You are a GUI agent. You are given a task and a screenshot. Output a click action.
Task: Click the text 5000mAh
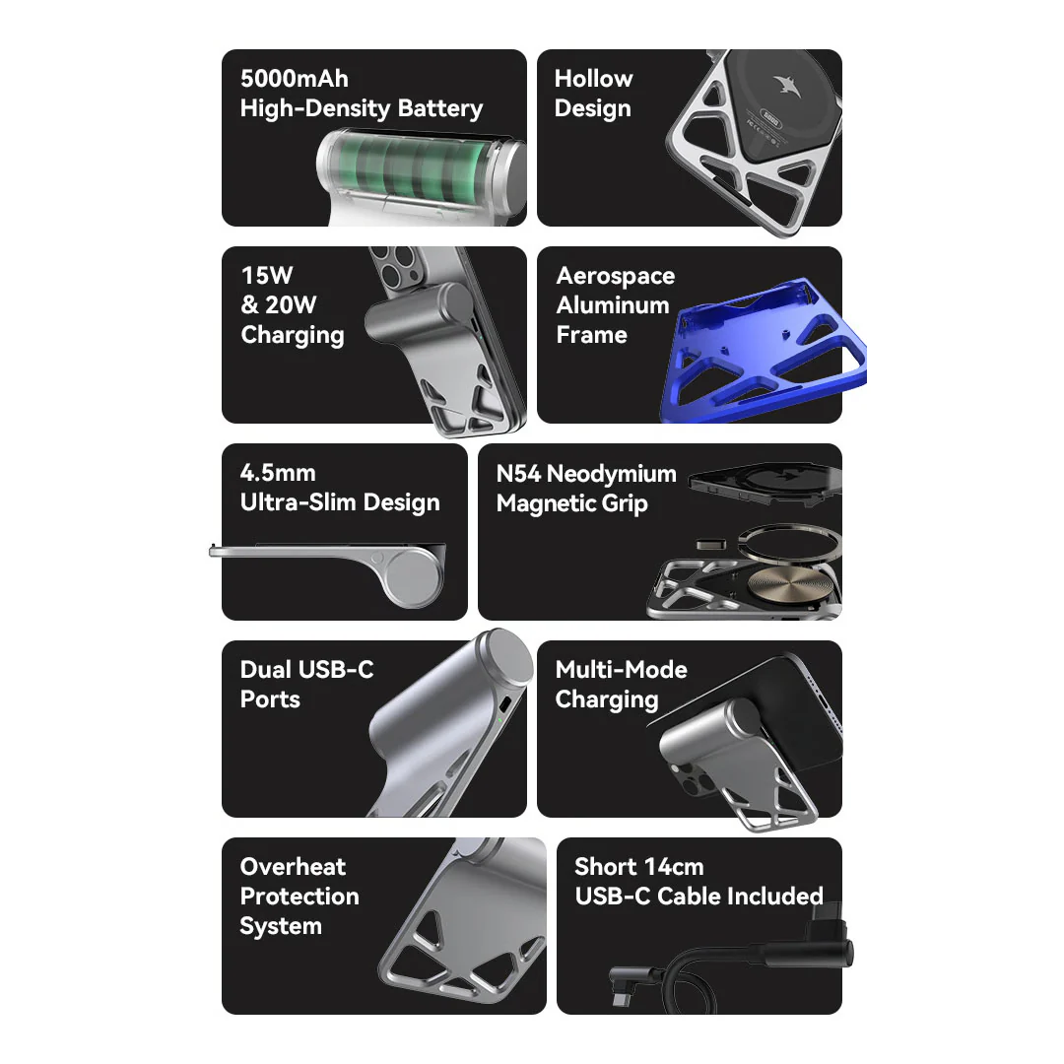pos(294,79)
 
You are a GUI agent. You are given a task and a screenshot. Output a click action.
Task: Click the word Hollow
pos(594,79)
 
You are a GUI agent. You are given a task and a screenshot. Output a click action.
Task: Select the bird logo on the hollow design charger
pos(788,85)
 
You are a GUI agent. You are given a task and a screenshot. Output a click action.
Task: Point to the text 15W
pos(267,276)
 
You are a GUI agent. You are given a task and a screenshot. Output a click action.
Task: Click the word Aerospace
pos(616,276)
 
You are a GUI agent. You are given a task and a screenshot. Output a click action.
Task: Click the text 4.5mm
pos(278,472)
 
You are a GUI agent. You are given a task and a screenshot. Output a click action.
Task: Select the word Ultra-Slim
pos(298,502)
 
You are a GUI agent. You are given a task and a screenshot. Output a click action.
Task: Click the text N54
pos(518,473)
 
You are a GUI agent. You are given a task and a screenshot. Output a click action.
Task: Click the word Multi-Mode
pos(621,670)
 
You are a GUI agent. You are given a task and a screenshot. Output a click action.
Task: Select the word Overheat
pos(294,867)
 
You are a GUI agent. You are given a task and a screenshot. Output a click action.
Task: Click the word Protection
pos(299,897)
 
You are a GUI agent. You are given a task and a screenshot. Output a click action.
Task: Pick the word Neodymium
pos(612,474)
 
